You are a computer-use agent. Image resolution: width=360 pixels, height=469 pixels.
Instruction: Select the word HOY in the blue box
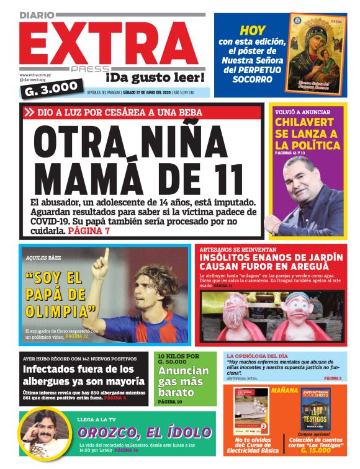coord(253,30)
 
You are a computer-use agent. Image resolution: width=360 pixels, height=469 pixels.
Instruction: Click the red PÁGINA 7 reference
coord(89,231)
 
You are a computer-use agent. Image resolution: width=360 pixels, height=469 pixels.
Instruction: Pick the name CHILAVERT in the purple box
coord(308,122)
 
